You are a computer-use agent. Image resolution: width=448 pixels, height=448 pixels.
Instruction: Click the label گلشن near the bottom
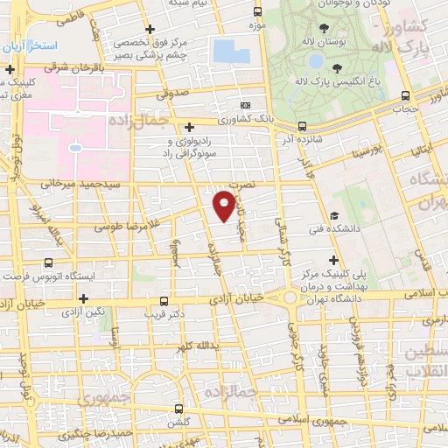pyautogui.click(x=179, y=421)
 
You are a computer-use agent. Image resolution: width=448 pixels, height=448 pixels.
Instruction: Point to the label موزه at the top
pyautogui.click(x=257, y=26)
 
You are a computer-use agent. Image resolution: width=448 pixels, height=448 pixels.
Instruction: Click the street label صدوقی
pyautogui.click(x=173, y=90)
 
